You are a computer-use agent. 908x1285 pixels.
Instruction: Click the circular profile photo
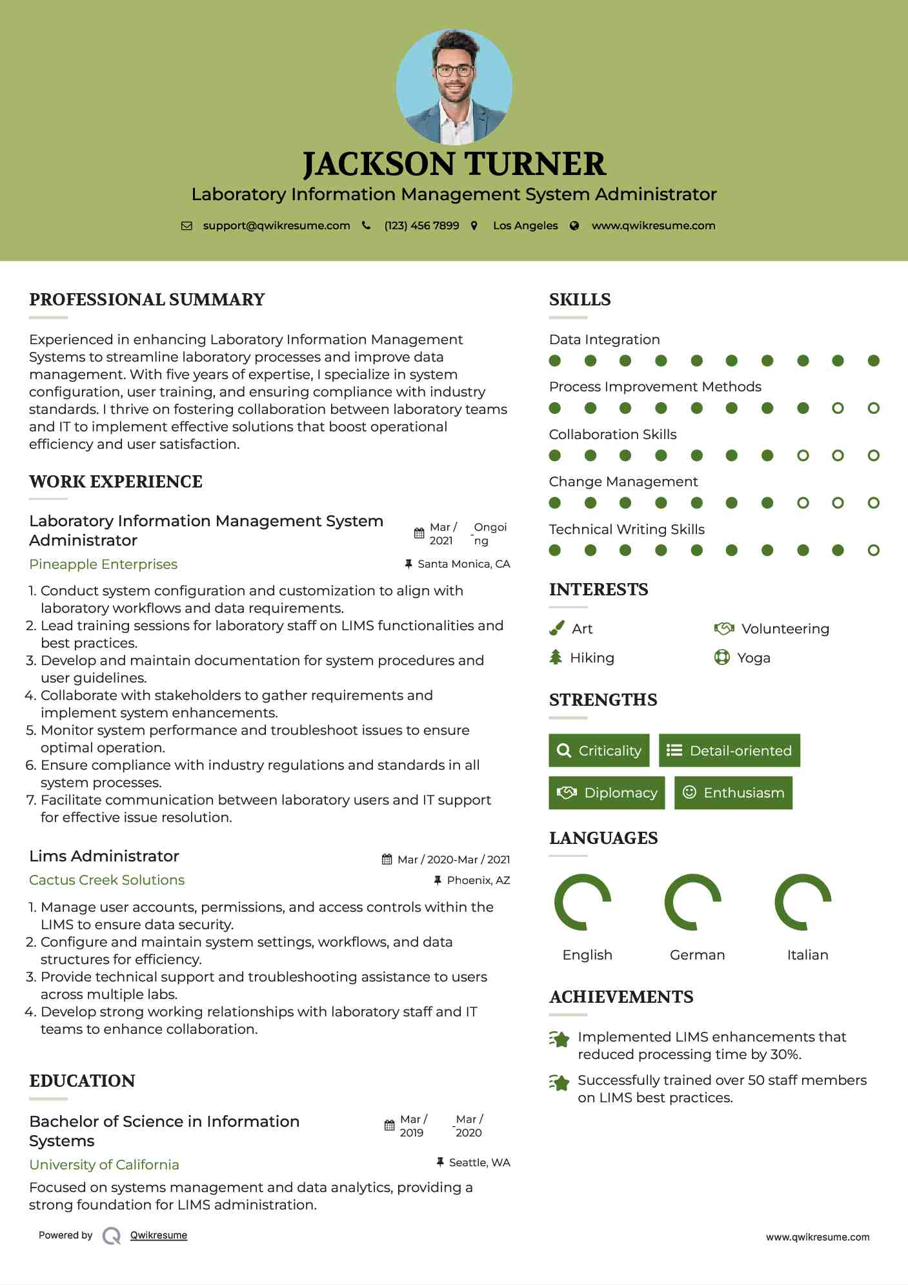[454, 87]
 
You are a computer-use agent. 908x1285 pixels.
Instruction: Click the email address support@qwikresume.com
[276, 226]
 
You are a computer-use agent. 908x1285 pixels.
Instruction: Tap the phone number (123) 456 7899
[421, 226]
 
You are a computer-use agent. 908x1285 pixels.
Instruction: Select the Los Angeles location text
[525, 226]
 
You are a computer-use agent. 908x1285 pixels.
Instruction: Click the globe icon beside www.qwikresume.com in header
[574, 226]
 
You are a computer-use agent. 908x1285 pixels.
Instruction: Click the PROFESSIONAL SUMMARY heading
[147, 300]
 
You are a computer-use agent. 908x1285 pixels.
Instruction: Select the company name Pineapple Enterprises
[103, 564]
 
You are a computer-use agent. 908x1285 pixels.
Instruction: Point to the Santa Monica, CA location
[463, 564]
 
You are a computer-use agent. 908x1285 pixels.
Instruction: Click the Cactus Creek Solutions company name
[106, 880]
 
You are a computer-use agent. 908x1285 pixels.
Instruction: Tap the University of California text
[104, 1165]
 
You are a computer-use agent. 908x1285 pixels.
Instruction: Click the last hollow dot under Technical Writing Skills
[873, 550]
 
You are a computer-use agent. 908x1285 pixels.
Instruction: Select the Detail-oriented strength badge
[729, 750]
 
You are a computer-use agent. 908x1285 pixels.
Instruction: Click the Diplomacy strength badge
[607, 793]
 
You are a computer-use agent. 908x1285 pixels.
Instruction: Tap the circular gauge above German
[693, 902]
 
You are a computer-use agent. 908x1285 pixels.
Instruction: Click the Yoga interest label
[754, 658]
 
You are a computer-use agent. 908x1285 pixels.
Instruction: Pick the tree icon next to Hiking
[556, 657]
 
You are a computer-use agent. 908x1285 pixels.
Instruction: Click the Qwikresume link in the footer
[159, 1235]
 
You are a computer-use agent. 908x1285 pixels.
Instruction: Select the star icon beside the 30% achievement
[560, 1039]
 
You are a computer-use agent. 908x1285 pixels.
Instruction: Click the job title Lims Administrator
[104, 856]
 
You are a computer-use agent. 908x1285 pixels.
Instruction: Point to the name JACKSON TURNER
[454, 164]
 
